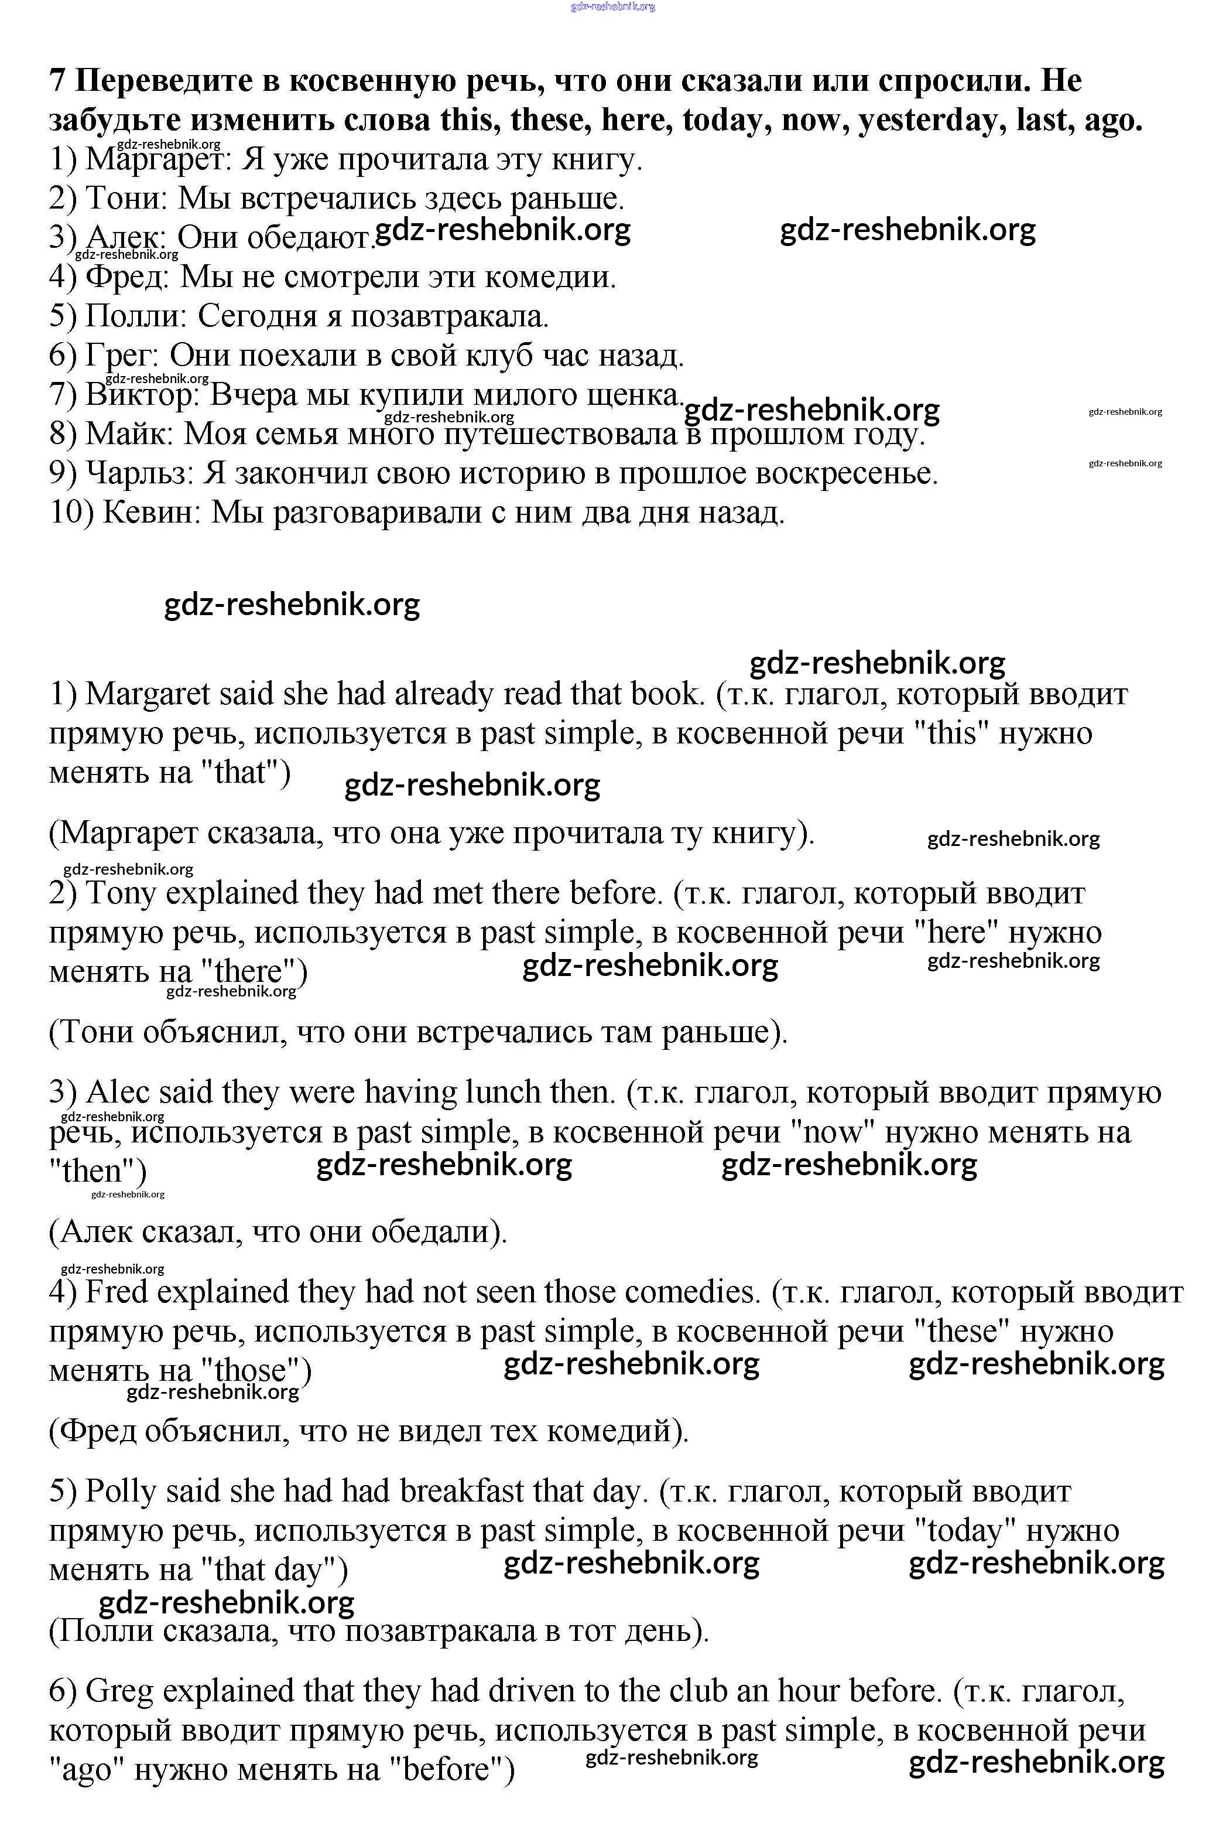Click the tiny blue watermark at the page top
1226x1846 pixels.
tap(613, 6)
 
